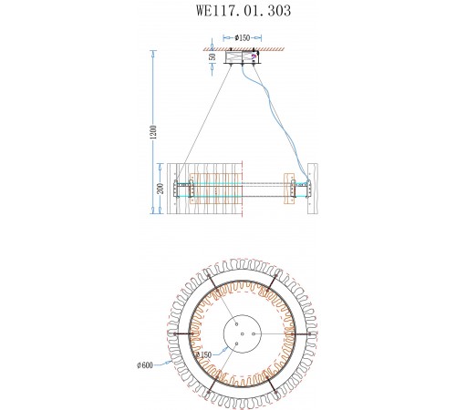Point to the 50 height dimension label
[213, 56]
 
